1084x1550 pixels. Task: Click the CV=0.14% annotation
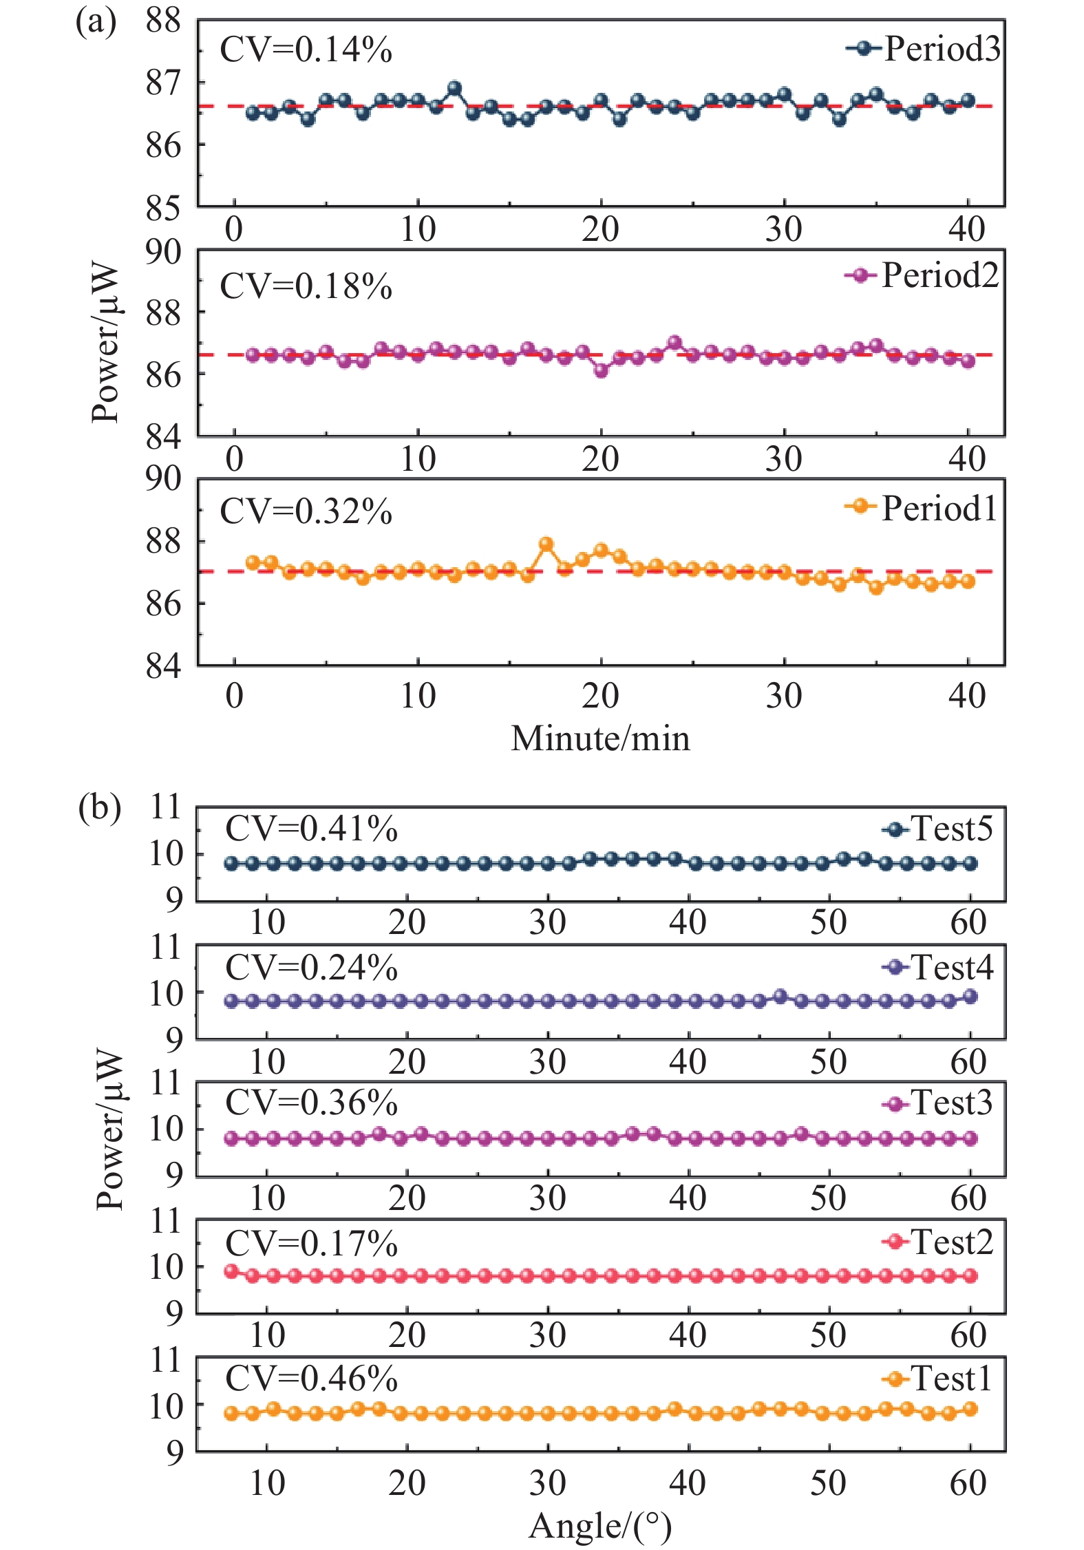click(x=306, y=50)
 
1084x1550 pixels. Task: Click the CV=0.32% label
click(x=306, y=511)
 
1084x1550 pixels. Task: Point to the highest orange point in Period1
click(x=546, y=544)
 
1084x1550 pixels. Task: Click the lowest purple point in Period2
click(x=601, y=370)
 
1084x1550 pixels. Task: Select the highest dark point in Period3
click(x=454, y=88)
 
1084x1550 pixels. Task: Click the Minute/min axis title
click(x=600, y=739)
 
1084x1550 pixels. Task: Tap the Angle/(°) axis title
click(x=600, y=1525)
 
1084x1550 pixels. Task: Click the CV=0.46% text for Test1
click(x=311, y=1379)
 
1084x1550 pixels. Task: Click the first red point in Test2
click(x=231, y=1271)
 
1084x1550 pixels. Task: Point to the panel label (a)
click(x=96, y=22)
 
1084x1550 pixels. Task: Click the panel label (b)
click(x=99, y=807)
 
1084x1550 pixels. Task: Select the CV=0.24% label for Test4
click(x=311, y=967)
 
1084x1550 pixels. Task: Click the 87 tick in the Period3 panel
click(x=163, y=83)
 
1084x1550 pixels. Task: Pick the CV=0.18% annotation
click(x=306, y=286)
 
